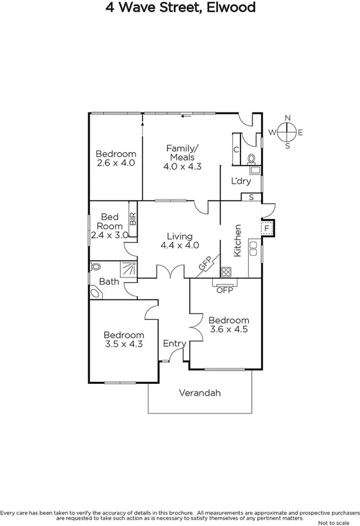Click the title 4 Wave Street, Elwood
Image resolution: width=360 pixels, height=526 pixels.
point(180,8)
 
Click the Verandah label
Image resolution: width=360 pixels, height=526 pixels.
point(200,393)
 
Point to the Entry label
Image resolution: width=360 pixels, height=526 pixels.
point(174,344)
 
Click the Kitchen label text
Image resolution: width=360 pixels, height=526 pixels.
point(237,241)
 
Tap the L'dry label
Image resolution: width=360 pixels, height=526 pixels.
point(241,181)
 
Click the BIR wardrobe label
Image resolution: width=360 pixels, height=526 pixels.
point(133,219)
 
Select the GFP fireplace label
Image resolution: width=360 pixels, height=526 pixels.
point(205,264)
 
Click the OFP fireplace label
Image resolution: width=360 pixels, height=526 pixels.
point(224,290)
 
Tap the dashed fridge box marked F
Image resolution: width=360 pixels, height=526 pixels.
point(266,228)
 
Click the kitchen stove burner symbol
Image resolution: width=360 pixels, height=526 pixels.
point(226,270)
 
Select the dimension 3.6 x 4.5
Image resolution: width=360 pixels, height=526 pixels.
point(228,330)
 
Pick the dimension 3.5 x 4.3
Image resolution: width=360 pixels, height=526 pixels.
point(124,344)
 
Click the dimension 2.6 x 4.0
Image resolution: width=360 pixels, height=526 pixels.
point(116,163)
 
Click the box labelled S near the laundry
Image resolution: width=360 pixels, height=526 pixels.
point(251,196)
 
